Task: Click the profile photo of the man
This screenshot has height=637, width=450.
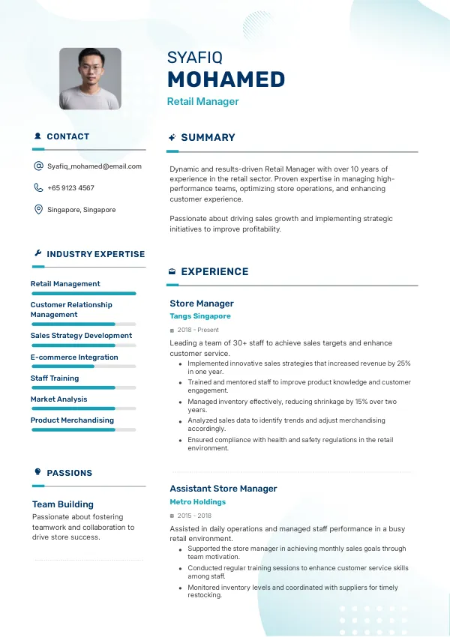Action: [x=90, y=79]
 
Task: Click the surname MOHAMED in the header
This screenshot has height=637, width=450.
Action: [x=226, y=79]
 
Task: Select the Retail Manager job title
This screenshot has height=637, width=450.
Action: [x=202, y=101]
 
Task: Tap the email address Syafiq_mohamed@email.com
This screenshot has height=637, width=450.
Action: [x=94, y=166]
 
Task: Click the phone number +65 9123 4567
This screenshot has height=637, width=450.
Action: [x=70, y=188]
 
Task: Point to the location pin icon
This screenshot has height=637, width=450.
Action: [x=38, y=210]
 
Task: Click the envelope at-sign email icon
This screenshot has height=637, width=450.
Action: [x=38, y=166]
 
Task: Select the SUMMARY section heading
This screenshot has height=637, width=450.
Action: [x=208, y=138]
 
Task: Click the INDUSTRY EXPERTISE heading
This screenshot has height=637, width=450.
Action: [x=95, y=254]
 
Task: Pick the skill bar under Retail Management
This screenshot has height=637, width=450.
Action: [x=83, y=294]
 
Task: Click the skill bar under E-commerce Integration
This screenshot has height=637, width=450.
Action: [x=83, y=366]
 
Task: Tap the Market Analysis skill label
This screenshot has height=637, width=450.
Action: [x=58, y=399]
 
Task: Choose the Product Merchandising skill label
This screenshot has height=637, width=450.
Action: [x=72, y=420]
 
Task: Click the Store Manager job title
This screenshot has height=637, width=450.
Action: [x=202, y=304]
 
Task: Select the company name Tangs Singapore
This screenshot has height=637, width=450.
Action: [x=200, y=316]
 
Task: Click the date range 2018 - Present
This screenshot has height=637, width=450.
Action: [x=198, y=330]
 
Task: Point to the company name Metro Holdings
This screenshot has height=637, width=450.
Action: [x=197, y=502]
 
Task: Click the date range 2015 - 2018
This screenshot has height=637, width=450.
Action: [x=194, y=516]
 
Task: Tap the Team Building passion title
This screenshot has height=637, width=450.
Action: [x=63, y=504]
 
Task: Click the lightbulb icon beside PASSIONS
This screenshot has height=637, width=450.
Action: [x=38, y=472]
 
